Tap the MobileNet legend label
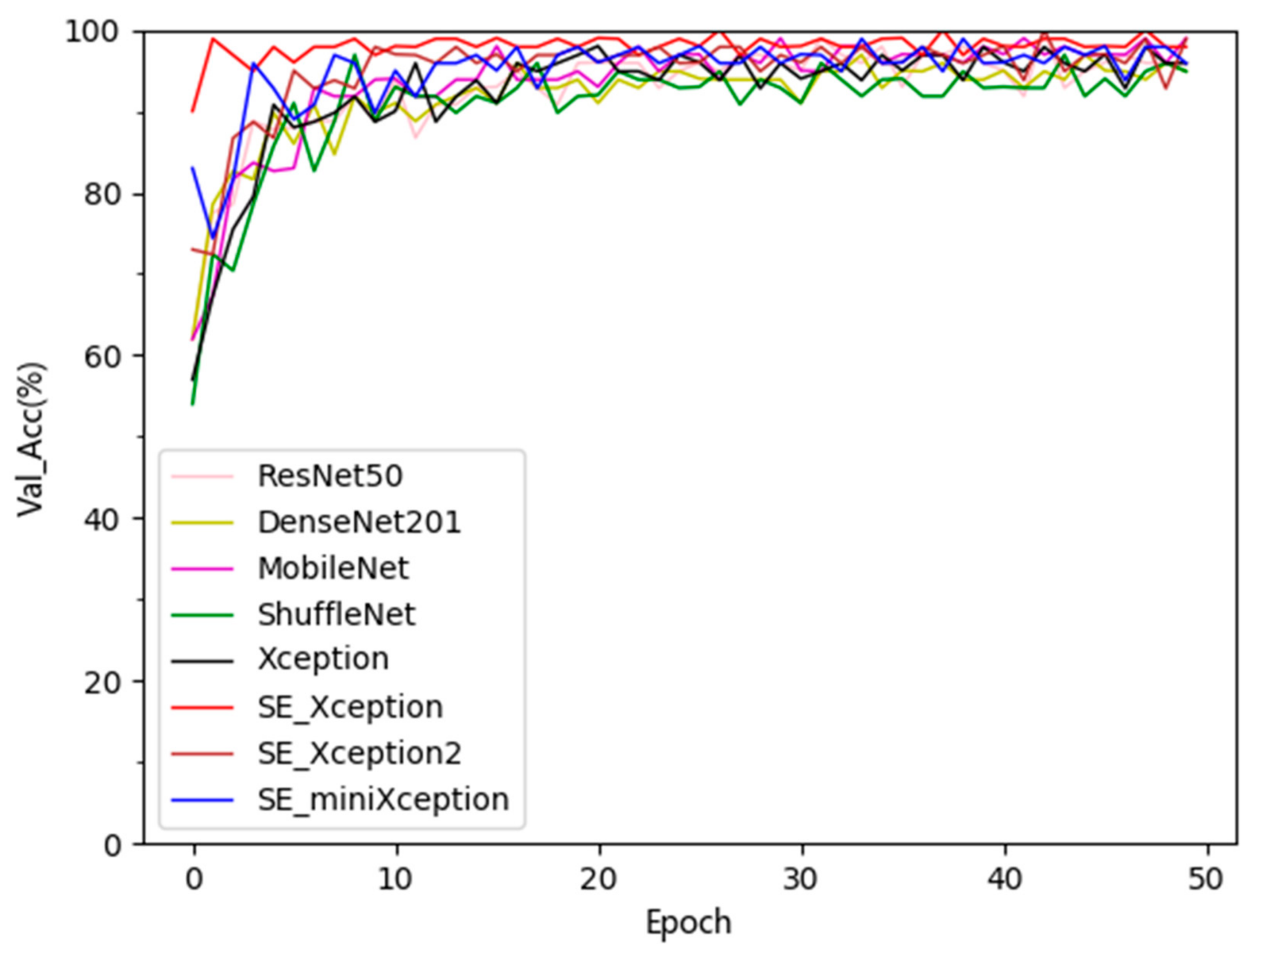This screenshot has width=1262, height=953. coord(333,568)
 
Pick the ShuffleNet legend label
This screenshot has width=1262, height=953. coord(336,614)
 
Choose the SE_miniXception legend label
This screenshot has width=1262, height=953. coord(383,799)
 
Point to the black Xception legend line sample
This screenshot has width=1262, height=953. coord(202,661)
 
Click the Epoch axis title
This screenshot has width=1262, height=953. coord(688,923)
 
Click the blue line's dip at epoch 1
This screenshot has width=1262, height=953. coord(213,237)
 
